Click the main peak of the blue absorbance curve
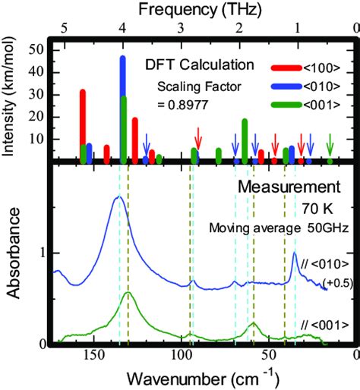pos(118,197)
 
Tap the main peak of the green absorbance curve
pos(128,293)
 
